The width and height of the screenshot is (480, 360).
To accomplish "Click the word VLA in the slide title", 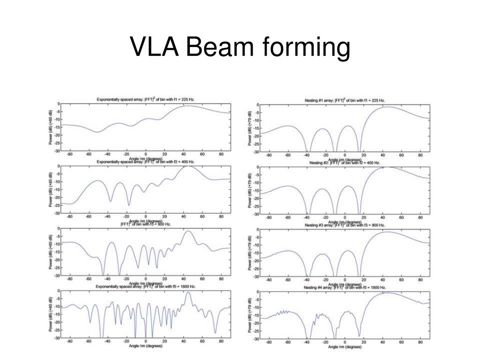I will coord(154,48).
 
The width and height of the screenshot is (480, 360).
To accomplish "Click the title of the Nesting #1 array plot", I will coord(345,100).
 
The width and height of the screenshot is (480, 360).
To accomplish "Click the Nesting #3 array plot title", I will coord(345,225).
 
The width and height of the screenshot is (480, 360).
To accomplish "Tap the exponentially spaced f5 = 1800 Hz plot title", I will coord(146,286).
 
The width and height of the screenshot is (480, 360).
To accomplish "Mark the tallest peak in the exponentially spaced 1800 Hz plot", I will coord(188,292).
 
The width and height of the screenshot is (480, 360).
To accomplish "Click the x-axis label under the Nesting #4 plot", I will coord(345,347).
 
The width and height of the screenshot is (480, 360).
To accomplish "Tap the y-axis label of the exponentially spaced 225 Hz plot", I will coord(51,127).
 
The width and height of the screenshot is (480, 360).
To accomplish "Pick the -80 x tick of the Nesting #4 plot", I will coord(269,342).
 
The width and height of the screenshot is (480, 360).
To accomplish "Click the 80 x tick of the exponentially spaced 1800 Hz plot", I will coord(221,342).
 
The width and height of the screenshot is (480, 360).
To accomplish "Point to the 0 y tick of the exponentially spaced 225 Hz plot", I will coord(58,104).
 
